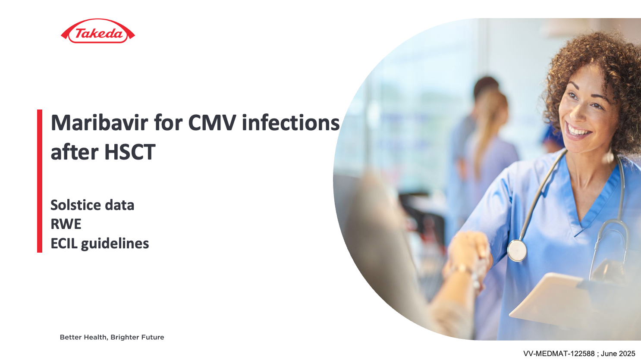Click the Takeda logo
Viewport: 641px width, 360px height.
(98, 31)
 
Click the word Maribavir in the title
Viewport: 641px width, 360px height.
(100, 123)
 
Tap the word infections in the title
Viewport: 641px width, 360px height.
(291, 123)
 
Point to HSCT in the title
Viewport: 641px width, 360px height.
(130, 152)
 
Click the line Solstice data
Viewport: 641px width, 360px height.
(92, 205)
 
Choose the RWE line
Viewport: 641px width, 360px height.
(66, 224)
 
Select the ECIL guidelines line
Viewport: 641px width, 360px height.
(100, 244)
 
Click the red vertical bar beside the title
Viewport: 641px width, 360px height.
(40, 181)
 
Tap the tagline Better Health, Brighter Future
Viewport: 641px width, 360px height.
(112, 338)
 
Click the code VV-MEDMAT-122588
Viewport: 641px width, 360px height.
(559, 354)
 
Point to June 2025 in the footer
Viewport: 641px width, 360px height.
(618, 354)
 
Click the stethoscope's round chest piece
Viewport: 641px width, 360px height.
(517, 250)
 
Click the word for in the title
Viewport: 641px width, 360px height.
(168, 123)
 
